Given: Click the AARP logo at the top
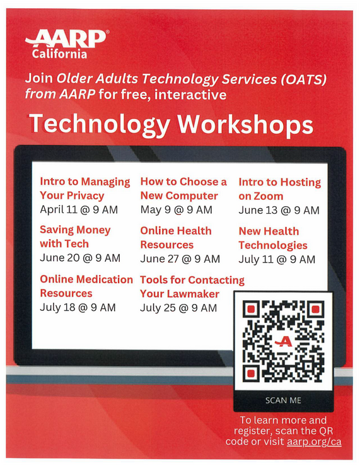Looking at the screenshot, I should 66,40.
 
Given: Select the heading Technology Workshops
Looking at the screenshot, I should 171,124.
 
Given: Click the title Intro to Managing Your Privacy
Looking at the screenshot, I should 84,189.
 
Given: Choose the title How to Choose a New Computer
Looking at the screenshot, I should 183,189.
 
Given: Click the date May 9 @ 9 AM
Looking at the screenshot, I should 176,210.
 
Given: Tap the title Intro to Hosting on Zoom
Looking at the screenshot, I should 279,189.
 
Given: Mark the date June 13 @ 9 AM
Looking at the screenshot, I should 279,211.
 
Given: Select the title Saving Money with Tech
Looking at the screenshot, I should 74,236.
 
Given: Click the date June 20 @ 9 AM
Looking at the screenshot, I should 79,258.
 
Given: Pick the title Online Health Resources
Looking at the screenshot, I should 175,237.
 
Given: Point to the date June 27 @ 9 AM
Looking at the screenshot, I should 180,259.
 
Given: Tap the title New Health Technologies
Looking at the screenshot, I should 272,238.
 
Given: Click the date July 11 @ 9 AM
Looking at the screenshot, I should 276,259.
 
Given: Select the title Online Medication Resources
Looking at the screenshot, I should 86,286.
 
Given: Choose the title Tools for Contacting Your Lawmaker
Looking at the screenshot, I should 192,286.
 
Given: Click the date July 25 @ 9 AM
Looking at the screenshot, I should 178,308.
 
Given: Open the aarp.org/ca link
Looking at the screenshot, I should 314,441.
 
